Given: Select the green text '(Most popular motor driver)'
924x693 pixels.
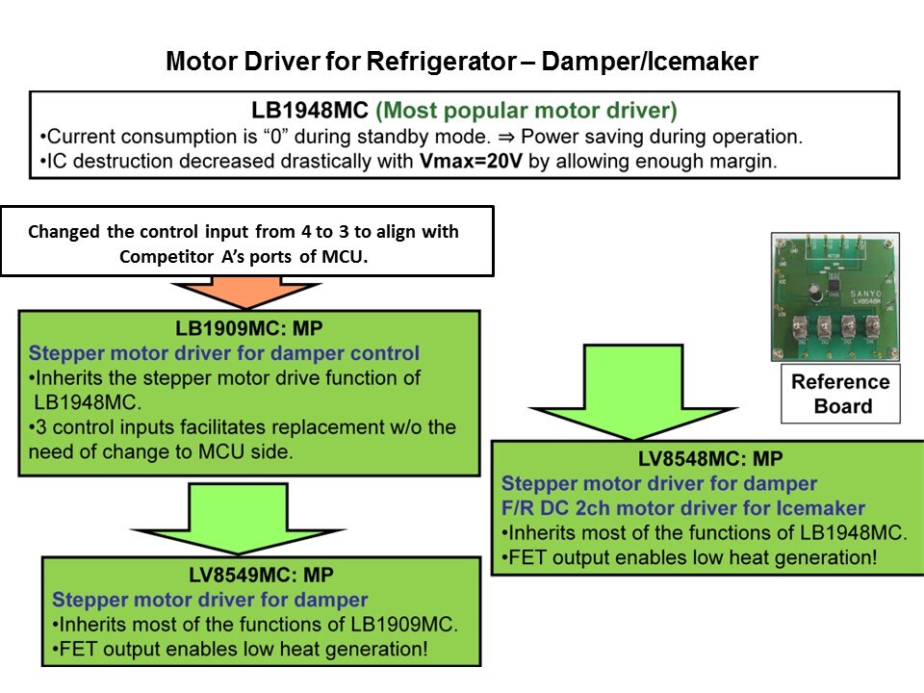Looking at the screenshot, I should pyautogui.click(x=526, y=109).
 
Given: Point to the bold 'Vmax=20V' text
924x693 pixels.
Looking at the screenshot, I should pyautogui.click(x=472, y=161).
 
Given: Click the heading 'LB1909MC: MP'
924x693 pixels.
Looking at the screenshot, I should pyautogui.click(x=249, y=327).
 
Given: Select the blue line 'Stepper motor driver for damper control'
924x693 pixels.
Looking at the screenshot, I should pyautogui.click(x=224, y=352).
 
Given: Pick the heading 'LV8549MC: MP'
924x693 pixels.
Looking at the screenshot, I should pyautogui.click(x=261, y=576).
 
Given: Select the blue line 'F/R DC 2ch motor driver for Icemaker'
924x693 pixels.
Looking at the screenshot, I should pyautogui.click(x=683, y=508).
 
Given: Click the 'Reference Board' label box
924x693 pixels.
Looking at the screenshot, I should pyautogui.click(x=839, y=394).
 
